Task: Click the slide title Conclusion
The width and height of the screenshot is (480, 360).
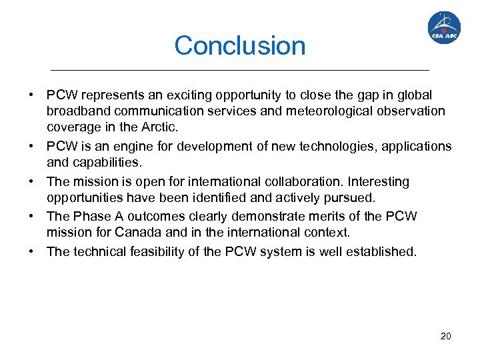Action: (240, 46)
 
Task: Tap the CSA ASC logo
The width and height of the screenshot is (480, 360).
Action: (443, 27)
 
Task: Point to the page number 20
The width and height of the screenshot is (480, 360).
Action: (445, 336)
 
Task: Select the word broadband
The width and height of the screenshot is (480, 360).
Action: (77, 111)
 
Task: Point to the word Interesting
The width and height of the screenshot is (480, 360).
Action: (378, 181)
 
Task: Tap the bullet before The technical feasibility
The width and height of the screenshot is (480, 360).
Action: (31, 251)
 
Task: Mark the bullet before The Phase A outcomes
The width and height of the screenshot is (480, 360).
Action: (31, 216)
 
